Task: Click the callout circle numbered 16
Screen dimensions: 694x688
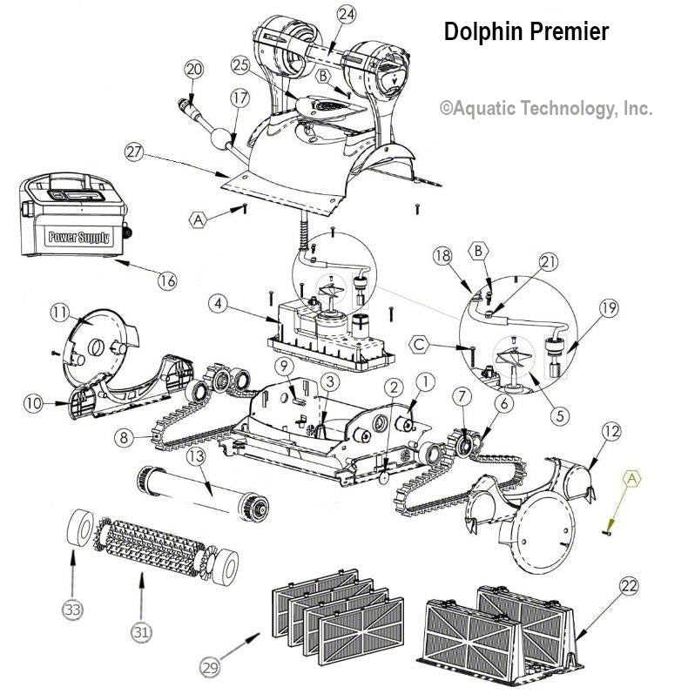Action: (167, 280)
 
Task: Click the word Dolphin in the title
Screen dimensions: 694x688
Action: (481, 32)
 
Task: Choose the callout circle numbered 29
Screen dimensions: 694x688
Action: (210, 668)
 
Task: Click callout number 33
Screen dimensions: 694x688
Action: (72, 610)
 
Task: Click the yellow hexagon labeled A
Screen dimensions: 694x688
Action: (632, 477)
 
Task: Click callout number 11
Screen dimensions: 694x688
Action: (59, 313)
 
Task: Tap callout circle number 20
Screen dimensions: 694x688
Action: (194, 69)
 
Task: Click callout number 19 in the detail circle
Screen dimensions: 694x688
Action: (607, 307)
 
